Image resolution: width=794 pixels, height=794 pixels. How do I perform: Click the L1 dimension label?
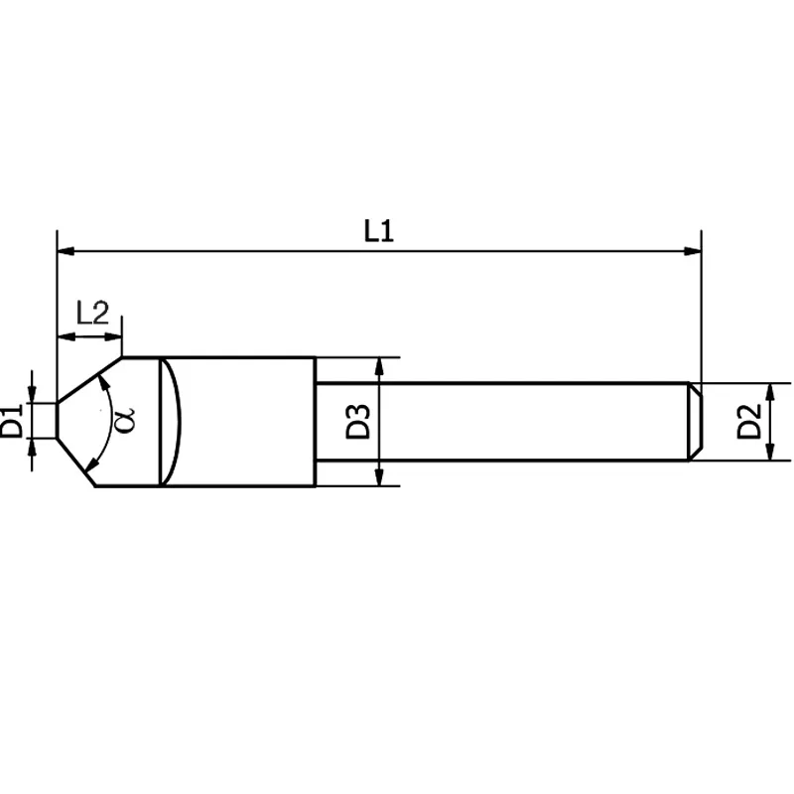click(379, 232)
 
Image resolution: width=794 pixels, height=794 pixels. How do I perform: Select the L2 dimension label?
click(92, 315)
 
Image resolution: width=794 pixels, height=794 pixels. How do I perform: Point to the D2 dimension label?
click(750, 421)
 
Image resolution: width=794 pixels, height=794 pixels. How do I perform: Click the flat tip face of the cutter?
click(56, 421)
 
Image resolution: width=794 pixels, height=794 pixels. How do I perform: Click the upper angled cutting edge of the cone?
click(89, 380)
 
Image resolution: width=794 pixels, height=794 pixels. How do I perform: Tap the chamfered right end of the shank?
click(697, 421)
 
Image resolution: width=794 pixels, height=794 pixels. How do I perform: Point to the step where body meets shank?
click(316, 421)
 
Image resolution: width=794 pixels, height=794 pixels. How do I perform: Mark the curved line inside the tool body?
click(180, 421)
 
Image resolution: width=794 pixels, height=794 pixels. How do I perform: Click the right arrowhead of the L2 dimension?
click(115, 337)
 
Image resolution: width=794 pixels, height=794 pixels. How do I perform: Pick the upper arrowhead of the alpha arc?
click(101, 383)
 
